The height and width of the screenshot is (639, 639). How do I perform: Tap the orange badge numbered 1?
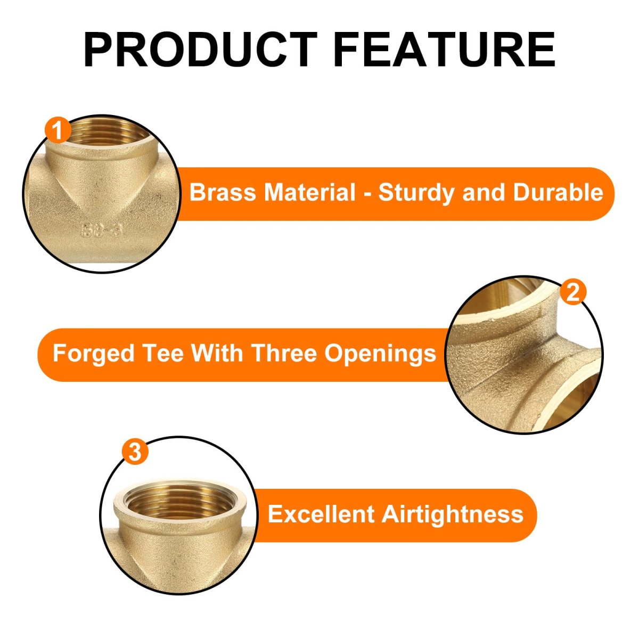pos(58,130)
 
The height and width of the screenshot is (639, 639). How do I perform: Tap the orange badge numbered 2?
pos(573,292)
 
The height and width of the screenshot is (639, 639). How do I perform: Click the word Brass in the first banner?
pos(223,192)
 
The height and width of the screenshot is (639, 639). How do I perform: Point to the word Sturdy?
pos(416,193)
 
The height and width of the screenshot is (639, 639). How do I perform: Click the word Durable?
pos(558,192)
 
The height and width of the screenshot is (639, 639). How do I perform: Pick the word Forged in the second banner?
pos(94,354)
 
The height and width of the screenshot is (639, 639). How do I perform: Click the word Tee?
pos(163,354)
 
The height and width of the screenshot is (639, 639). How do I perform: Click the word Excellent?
pos(321,514)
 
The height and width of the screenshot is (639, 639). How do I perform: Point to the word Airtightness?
pos(453,515)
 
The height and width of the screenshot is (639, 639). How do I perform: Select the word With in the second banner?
pos(217,354)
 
